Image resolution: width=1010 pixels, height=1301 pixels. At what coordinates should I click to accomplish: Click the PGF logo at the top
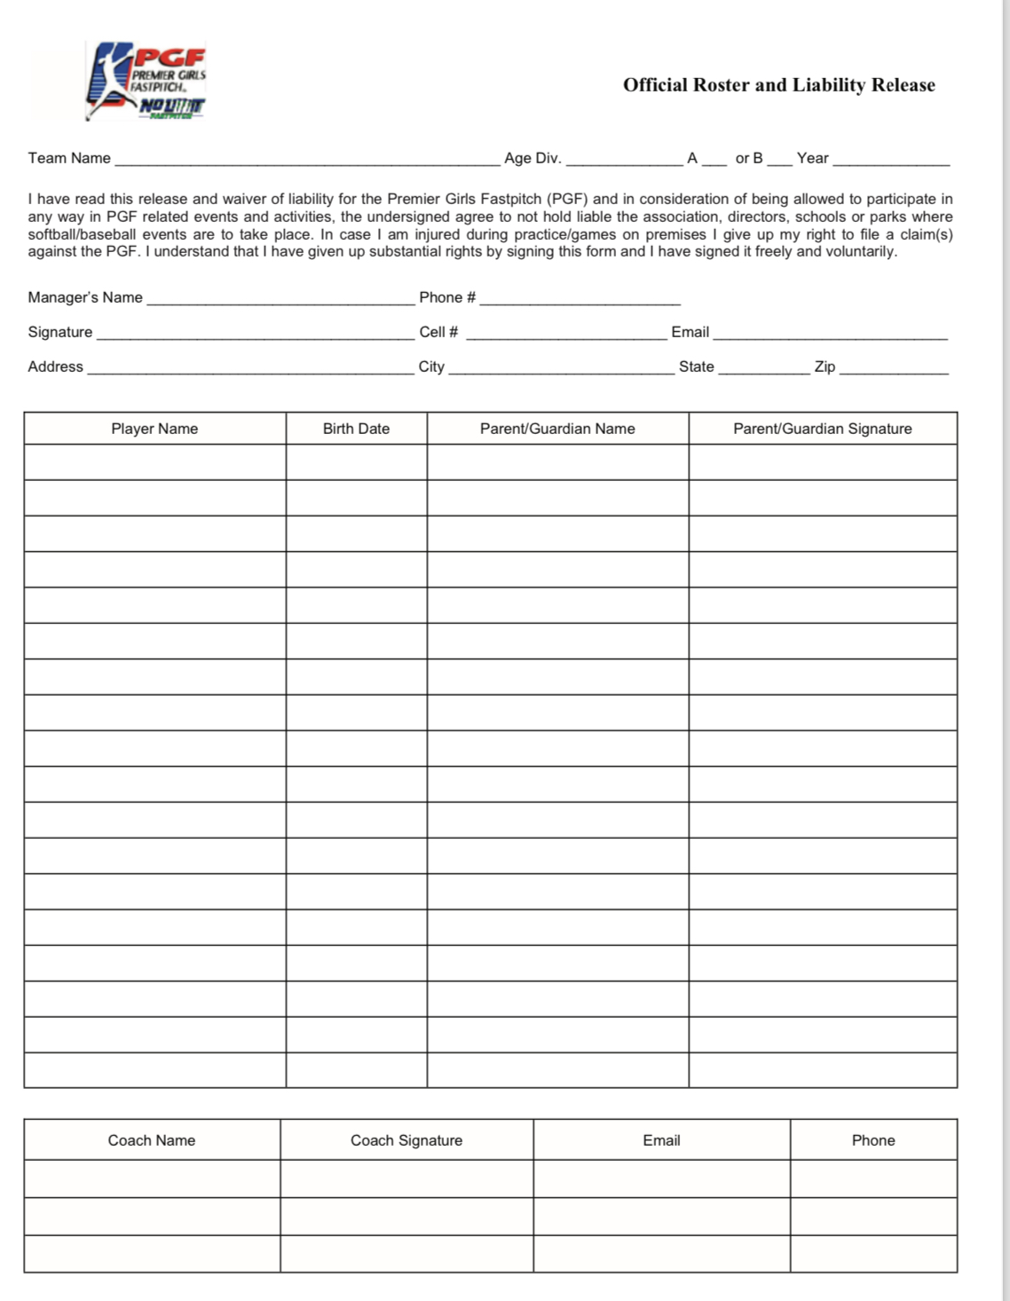[147, 81]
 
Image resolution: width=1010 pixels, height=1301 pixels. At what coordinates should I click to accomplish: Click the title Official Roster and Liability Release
[778, 85]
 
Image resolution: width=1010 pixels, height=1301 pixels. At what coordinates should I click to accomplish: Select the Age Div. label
[533, 158]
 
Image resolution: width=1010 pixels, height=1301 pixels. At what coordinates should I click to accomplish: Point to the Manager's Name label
[85, 297]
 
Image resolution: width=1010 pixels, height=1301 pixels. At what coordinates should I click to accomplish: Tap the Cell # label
[438, 332]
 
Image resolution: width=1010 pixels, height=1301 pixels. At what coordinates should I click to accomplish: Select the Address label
[55, 367]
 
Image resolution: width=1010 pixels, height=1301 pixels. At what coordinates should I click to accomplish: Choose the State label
[696, 367]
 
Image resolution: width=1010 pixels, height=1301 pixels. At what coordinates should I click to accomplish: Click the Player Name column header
[154, 429]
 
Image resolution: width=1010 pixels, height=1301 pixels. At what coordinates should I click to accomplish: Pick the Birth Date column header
[356, 429]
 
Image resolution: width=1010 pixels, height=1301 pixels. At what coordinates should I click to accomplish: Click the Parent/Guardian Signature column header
[822, 429]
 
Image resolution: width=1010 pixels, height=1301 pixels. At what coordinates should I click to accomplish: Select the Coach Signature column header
[406, 1140]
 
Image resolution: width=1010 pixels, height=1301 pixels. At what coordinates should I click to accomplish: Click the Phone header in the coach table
[873, 1140]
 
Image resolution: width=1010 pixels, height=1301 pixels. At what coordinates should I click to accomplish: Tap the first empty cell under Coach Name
[152, 1179]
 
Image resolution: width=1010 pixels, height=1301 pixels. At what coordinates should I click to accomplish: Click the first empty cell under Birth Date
[356, 462]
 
